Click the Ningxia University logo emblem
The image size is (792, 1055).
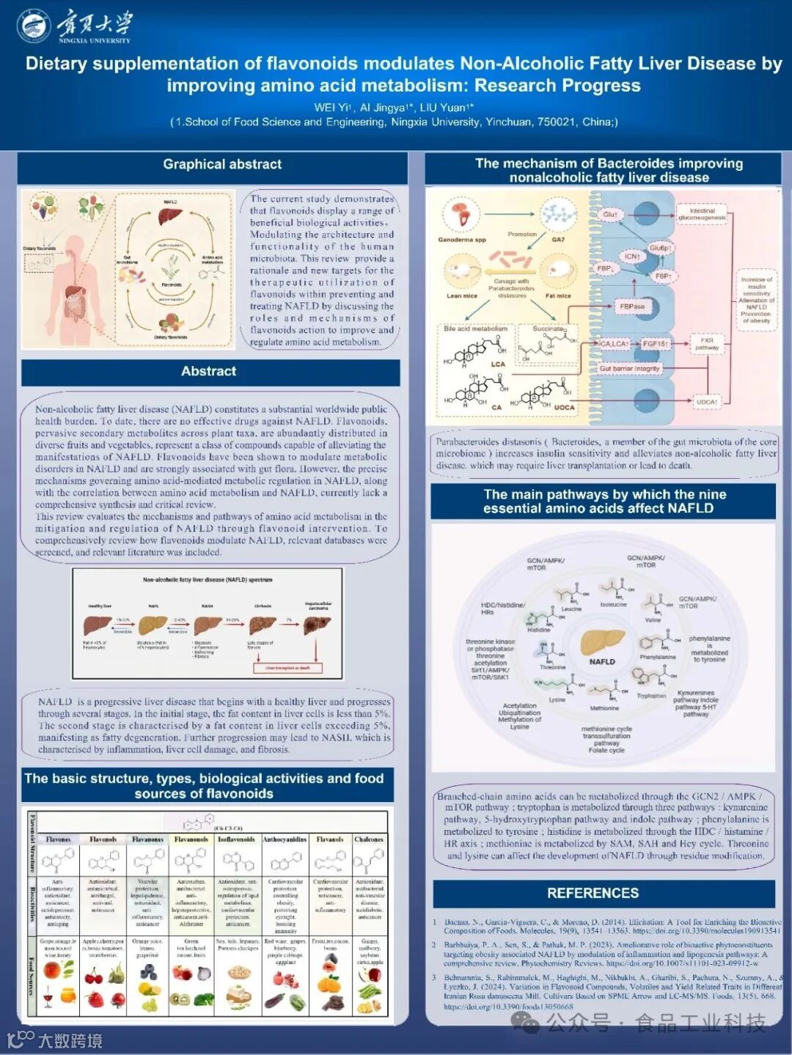coord(34,26)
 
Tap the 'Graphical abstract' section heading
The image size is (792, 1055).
coord(222,164)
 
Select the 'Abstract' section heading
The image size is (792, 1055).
coord(209,371)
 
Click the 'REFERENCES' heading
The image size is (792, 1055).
coord(593,893)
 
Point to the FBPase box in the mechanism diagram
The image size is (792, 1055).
coord(631,306)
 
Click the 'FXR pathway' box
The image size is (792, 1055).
coord(706,344)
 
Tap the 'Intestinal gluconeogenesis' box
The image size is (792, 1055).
coord(702,214)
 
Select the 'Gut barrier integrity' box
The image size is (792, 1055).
coord(629,368)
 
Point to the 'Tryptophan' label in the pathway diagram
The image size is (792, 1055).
coord(651,696)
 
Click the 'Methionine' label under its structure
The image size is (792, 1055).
coord(604,708)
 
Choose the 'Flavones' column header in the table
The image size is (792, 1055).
coord(59,839)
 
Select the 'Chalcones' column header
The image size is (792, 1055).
coord(369,839)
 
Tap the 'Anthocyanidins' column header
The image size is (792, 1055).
coord(285,839)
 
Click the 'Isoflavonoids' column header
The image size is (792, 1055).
coord(236,839)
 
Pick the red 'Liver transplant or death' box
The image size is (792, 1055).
coord(287,668)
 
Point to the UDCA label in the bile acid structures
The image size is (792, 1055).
coord(564,408)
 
